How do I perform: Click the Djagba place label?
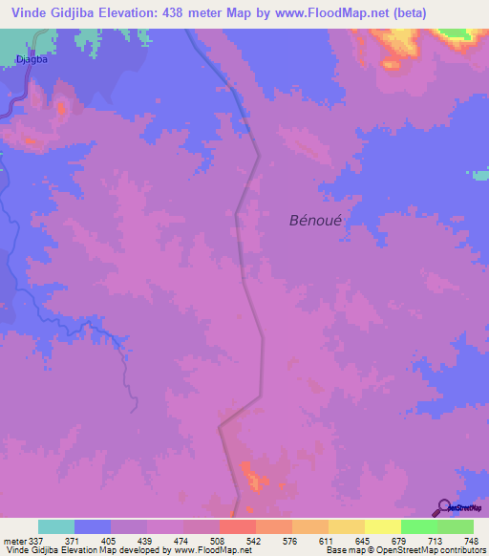[32, 58]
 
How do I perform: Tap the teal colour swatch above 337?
[56, 526]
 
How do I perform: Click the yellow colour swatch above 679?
[382, 526]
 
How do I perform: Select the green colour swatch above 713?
[418, 526]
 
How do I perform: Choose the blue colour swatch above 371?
[93, 526]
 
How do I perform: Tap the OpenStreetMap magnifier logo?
[444, 506]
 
